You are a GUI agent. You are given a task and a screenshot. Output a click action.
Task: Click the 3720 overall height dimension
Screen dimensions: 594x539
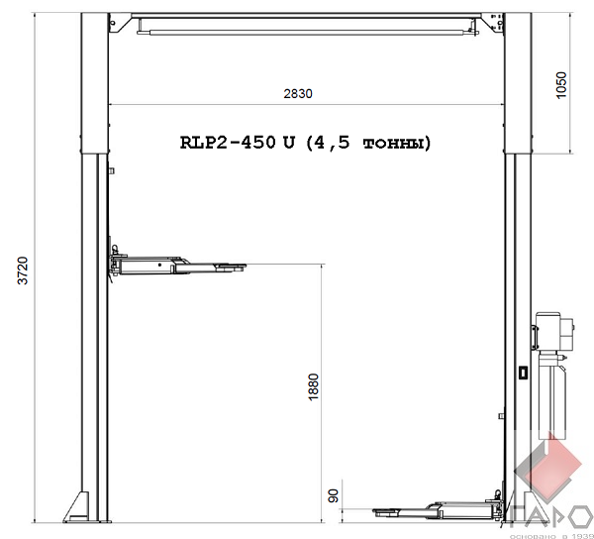pyautogui.click(x=24, y=270)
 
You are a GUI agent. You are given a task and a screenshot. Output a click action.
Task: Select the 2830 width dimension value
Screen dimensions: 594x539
pyautogui.click(x=298, y=93)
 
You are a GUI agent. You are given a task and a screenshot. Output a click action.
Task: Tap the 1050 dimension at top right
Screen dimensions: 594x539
pyautogui.click(x=561, y=85)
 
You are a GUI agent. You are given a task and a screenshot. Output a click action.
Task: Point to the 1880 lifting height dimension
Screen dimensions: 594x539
pyautogui.click(x=314, y=386)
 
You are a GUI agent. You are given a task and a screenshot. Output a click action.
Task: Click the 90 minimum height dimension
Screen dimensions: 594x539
pyautogui.click(x=333, y=496)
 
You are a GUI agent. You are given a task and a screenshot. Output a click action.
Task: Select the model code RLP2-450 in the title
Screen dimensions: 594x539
pyautogui.click(x=228, y=143)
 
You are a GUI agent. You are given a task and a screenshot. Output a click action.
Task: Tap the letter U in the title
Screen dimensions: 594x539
pyautogui.click(x=288, y=143)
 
